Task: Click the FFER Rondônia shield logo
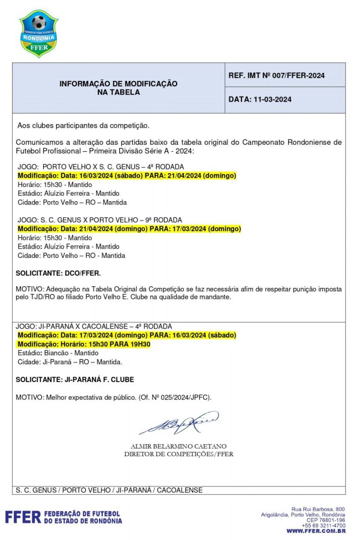pyautogui.click(x=39, y=34)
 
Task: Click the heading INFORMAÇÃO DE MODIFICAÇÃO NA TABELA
pyautogui.click(x=118, y=88)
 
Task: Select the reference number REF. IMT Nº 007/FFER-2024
pyautogui.click(x=276, y=76)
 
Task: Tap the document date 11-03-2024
pyautogui.click(x=260, y=99)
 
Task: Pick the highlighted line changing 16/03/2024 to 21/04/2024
pyautogui.click(x=127, y=175)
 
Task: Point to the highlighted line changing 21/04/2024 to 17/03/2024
pyautogui.click(x=129, y=229)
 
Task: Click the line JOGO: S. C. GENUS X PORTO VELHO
pyautogui.click(x=99, y=220)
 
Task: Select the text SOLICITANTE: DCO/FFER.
pyautogui.click(x=58, y=273)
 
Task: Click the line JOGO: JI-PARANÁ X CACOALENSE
pyautogui.click(x=94, y=326)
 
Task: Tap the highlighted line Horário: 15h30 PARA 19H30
pyautogui.click(x=84, y=344)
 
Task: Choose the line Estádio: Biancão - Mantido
pyautogui.click(x=58, y=353)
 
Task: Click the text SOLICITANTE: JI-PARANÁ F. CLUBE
pyautogui.click(x=75, y=380)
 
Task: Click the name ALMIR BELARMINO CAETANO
pyautogui.click(x=179, y=446)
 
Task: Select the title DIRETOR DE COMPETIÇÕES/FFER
pyautogui.click(x=179, y=454)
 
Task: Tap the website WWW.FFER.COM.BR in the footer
pyautogui.click(x=316, y=531)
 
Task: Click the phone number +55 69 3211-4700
pyautogui.click(x=323, y=525)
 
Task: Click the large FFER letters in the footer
pyautogui.click(x=23, y=517)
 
